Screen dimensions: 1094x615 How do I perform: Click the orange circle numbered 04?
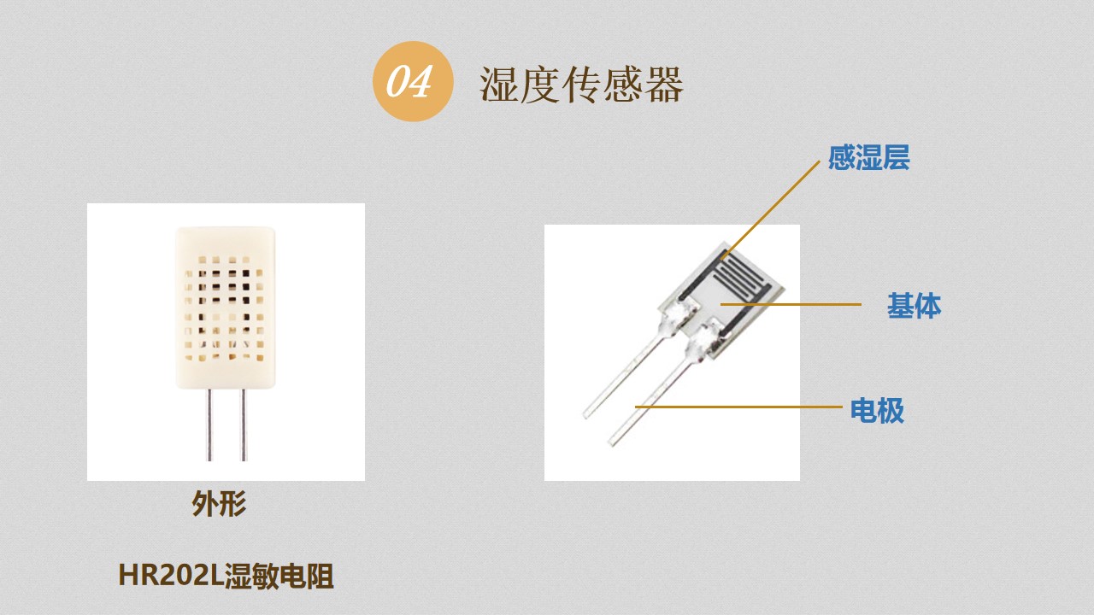pyautogui.click(x=413, y=81)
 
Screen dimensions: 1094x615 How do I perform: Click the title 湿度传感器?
pyautogui.click(x=581, y=84)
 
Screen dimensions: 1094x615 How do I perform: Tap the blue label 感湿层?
pyautogui.click(x=869, y=158)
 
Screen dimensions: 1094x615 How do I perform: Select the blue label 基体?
pyautogui.click(x=914, y=306)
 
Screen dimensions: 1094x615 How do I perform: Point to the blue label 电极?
pyautogui.click(x=877, y=411)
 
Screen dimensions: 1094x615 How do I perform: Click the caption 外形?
pyautogui.click(x=219, y=503)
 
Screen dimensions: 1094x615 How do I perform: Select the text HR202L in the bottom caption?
pyautogui.click(x=171, y=576)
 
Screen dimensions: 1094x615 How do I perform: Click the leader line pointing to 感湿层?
pyautogui.click(x=771, y=209)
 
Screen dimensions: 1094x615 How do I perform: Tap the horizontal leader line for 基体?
pyautogui.click(x=791, y=304)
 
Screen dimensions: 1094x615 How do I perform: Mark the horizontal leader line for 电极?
pyautogui.click(x=738, y=406)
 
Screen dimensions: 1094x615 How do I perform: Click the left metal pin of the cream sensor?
pyautogui.click(x=209, y=425)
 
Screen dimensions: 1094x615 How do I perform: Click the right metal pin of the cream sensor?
pyautogui.click(x=244, y=425)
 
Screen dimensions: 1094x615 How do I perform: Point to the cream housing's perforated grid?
pyautogui.click(x=225, y=308)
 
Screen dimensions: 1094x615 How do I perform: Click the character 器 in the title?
pyautogui.click(x=664, y=85)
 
